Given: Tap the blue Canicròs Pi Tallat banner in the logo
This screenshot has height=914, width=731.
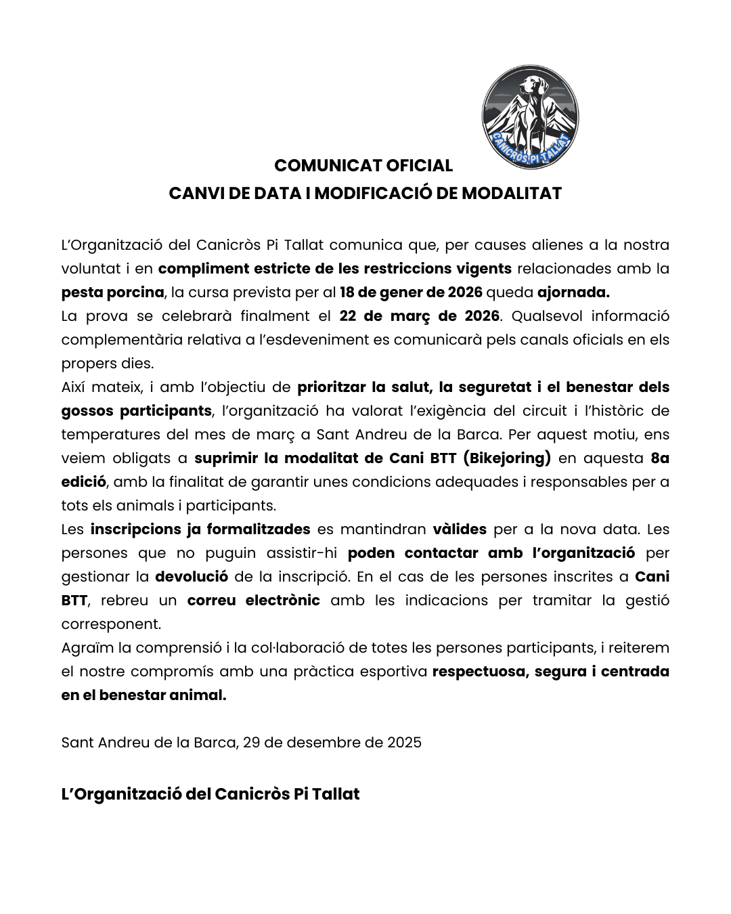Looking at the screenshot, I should pyautogui.click(x=531, y=150).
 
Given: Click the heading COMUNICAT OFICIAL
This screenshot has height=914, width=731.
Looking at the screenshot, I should pyautogui.click(x=363, y=166).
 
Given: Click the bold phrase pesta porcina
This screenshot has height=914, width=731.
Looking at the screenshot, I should pyautogui.click(x=112, y=292).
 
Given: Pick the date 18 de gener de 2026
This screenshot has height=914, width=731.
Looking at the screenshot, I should pyautogui.click(x=411, y=292).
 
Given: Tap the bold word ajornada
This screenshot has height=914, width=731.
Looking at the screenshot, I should pyautogui.click(x=573, y=292).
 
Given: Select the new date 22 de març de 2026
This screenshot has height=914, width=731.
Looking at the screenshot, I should pyautogui.click(x=419, y=316).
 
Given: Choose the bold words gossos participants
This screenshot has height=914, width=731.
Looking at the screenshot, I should pyautogui.click(x=136, y=411).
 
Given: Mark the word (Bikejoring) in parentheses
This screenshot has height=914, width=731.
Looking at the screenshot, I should pyautogui.click(x=507, y=458).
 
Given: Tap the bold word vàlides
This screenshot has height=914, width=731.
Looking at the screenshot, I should pyautogui.click(x=460, y=529).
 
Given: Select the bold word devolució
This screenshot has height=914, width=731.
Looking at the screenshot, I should pyautogui.click(x=192, y=577).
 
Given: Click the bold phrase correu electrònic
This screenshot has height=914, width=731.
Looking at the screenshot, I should pyautogui.click(x=253, y=601).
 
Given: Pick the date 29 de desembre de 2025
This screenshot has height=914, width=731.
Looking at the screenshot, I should pyautogui.click(x=332, y=743).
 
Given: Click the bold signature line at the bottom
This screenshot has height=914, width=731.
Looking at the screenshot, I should pyautogui.click(x=211, y=794).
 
